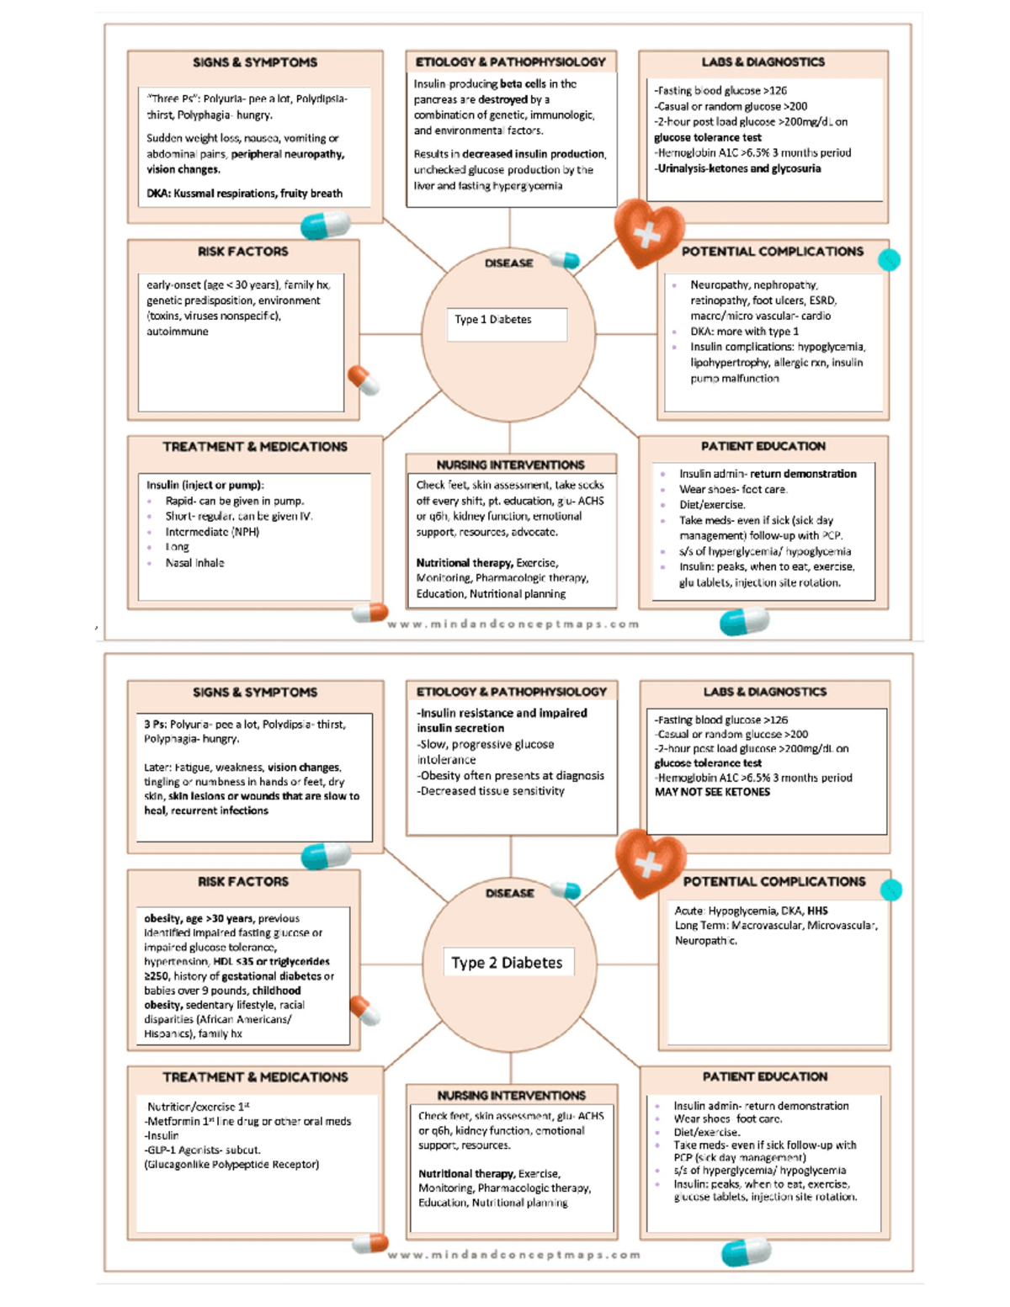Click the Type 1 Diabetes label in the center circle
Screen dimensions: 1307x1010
click(493, 320)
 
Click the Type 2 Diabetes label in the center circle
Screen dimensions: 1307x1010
click(507, 963)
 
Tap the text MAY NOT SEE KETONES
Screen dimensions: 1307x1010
click(712, 792)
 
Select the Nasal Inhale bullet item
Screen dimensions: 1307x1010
click(194, 563)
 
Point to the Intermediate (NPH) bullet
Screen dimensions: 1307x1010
click(212, 532)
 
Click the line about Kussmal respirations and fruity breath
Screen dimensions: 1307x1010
click(244, 194)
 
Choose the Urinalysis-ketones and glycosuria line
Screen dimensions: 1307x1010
click(738, 168)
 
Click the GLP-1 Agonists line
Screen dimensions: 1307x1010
click(203, 1150)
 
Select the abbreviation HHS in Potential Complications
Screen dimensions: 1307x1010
click(817, 911)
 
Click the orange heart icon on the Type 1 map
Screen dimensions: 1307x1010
click(646, 233)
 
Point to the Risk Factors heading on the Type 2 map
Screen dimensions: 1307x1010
click(242, 881)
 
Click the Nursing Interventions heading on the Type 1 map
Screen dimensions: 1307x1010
click(510, 465)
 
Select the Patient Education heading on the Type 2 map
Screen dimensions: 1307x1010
click(764, 1076)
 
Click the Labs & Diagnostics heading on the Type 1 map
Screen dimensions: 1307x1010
click(763, 62)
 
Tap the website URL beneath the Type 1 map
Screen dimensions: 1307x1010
click(513, 624)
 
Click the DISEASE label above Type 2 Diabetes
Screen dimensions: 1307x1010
click(509, 893)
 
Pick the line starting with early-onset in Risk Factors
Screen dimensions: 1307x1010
click(238, 285)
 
